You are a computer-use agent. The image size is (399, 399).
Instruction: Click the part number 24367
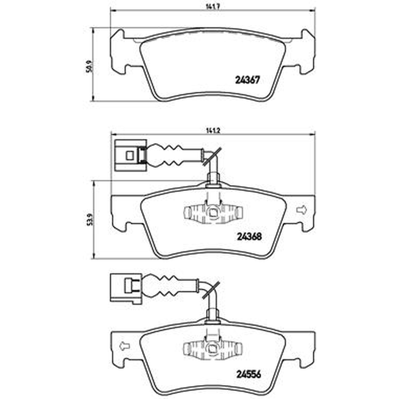[x=247, y=80]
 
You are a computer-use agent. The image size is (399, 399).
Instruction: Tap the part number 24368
[x=249, y=236]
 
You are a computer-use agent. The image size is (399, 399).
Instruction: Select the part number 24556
[x=249, y=375]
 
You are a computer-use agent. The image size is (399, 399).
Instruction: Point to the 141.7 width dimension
[x=213, y=7]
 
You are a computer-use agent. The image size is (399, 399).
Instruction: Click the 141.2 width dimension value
[x=213, y=130]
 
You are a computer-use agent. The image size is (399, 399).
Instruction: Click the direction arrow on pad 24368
[x=302, y=209]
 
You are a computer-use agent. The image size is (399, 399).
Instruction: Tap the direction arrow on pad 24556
[x=125, y=346]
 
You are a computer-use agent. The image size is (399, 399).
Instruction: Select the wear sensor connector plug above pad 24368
[x=130, y=155]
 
